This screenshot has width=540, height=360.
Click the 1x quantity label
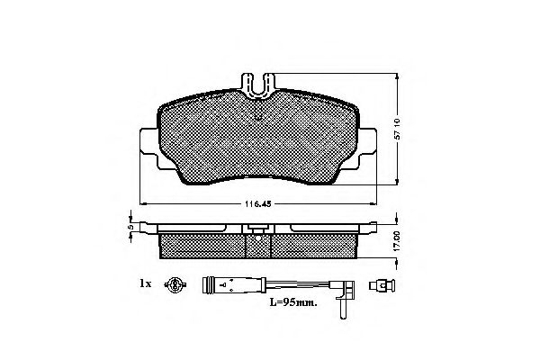[145, 283]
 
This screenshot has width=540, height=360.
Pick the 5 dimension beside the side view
[129, 228]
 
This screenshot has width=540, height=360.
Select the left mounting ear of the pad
[148, 148]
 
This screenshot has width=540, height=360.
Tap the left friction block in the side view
[202, 242]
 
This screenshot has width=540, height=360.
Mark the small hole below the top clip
[258, 112]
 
